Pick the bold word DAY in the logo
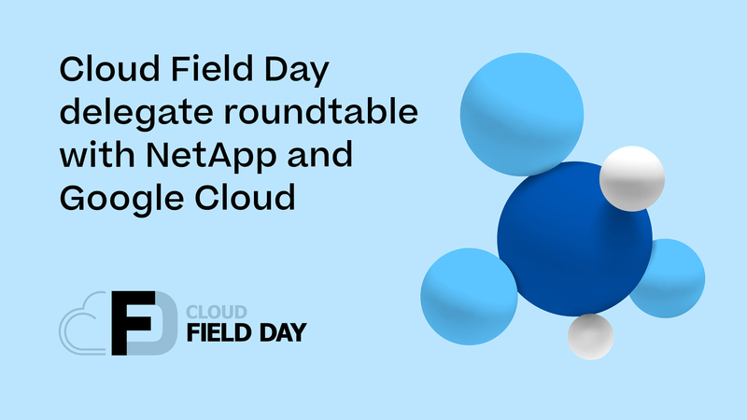[281, 332]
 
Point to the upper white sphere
[631, 177]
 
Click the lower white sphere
[590, 336]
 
